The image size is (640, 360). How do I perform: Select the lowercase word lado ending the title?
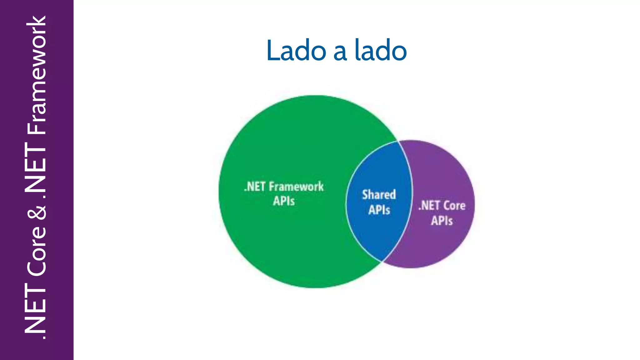(x=381, y=51)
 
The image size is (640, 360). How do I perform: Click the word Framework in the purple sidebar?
(x=37, y=75)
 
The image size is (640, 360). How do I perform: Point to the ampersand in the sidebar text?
(x=37, y=213)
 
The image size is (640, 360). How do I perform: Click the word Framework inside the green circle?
(x=296, y=187)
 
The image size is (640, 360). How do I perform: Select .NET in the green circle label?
(x=255, y=187)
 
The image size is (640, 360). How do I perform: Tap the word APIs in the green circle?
(x=284, y=201)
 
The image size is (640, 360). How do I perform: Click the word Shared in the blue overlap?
(x=379, y=195)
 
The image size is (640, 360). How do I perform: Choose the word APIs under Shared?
(x=379, y=210)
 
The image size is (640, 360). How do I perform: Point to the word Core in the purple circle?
(x=454, y=206)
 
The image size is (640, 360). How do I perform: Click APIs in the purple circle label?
(x=442, y=221)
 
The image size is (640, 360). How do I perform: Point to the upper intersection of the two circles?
(x=398, y=141)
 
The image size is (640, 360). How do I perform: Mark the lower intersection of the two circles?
(x=382, y=261)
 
